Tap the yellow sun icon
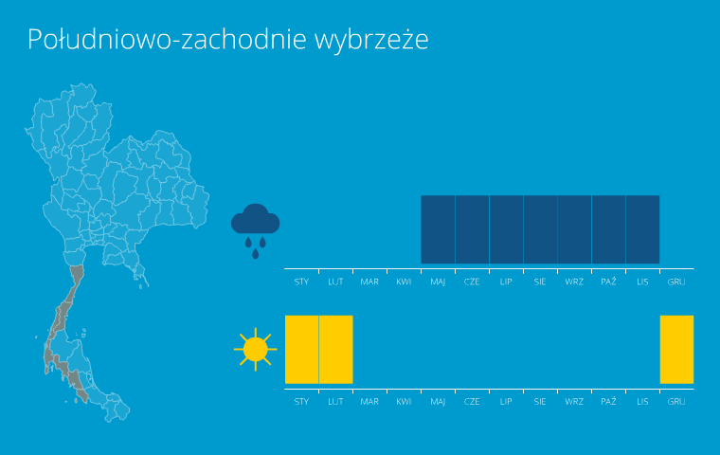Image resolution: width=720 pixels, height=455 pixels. coord(255,349)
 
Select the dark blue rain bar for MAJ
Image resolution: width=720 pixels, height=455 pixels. coord(438,229)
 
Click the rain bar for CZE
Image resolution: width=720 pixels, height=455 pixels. coord(472,229)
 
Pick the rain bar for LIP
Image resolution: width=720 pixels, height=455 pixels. coord(506,229)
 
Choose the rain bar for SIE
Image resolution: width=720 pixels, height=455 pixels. coord(540,229)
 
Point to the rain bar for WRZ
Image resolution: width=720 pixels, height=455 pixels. coord(574,229)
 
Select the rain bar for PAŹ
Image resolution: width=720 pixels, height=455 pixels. coord(608,229)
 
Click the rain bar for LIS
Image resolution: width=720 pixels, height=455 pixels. coord(643,229)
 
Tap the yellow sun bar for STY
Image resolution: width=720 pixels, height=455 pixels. coord(301,349)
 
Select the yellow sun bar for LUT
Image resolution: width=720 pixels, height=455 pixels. coord(335,349)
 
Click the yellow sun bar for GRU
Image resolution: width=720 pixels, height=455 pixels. coord(676,349)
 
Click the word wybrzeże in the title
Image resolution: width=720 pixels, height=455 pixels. coord(371,40)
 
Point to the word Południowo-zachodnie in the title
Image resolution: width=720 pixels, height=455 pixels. coord(167,39)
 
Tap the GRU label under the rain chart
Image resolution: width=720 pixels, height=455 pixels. coord(676,282)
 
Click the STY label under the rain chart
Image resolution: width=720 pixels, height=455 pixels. coord(301,282)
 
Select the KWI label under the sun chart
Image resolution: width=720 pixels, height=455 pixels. coord(404,402)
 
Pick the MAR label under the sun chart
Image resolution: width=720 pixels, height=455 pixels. coord(369,402)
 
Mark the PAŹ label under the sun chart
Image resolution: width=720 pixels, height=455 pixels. coord(608,401)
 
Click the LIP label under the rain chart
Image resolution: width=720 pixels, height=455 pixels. coord(506,282)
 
